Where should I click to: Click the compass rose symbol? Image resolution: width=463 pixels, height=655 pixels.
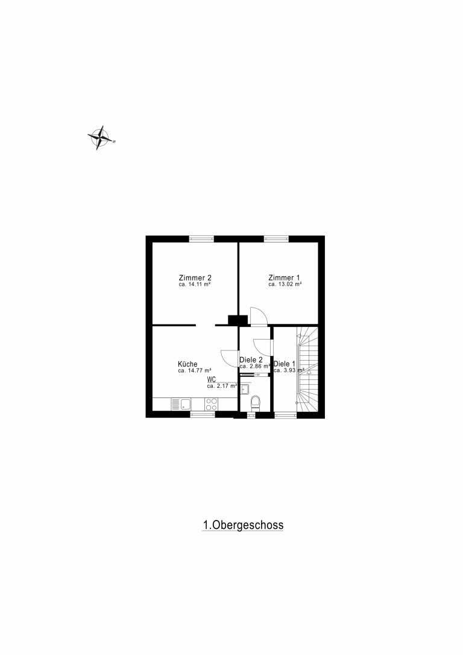point(100,138)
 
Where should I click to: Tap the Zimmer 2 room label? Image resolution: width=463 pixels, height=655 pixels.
point(195,278)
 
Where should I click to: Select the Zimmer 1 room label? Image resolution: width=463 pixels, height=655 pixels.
point(284,278)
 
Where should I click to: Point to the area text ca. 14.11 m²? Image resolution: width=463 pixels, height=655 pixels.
point(194,285)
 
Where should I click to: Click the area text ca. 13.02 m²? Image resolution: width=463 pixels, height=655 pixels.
point(285,285)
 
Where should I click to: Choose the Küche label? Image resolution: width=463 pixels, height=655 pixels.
point(187,364)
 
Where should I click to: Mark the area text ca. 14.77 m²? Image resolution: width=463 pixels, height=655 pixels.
point(194,370)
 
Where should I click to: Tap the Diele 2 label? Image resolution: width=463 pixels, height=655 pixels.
point(251,360)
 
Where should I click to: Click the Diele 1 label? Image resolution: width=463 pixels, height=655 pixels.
point(285,364)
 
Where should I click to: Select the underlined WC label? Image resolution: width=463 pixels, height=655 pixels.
point(211,380)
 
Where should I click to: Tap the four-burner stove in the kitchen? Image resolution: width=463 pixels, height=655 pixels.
point(211,404)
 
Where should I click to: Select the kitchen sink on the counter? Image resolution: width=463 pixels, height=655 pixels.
point(181,404)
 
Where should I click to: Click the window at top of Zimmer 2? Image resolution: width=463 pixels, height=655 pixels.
point(201,239)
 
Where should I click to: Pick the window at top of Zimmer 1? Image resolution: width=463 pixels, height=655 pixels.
point(276,239)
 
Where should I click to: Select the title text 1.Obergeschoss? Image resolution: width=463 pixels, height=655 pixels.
point(243,525)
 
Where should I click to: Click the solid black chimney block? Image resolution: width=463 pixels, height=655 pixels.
point(238,320)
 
